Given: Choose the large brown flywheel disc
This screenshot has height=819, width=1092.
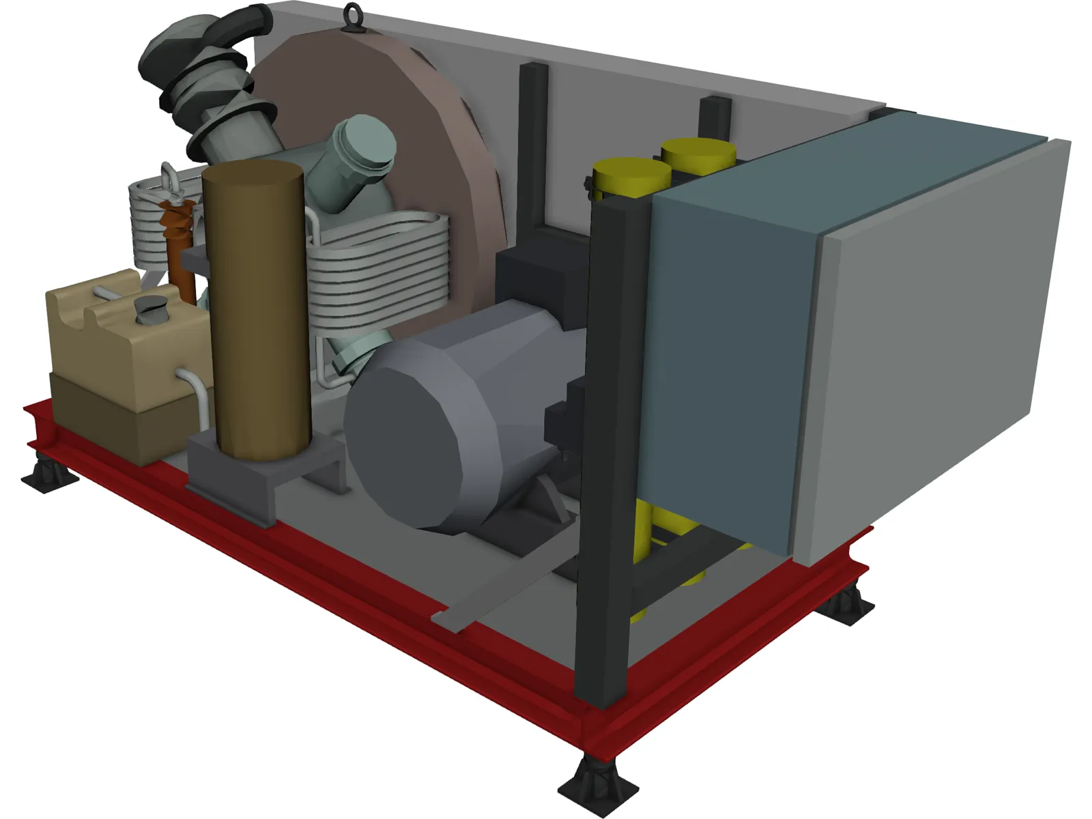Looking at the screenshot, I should tap(409, 136).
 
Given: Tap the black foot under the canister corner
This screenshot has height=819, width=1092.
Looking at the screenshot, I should tap(49, 473).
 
